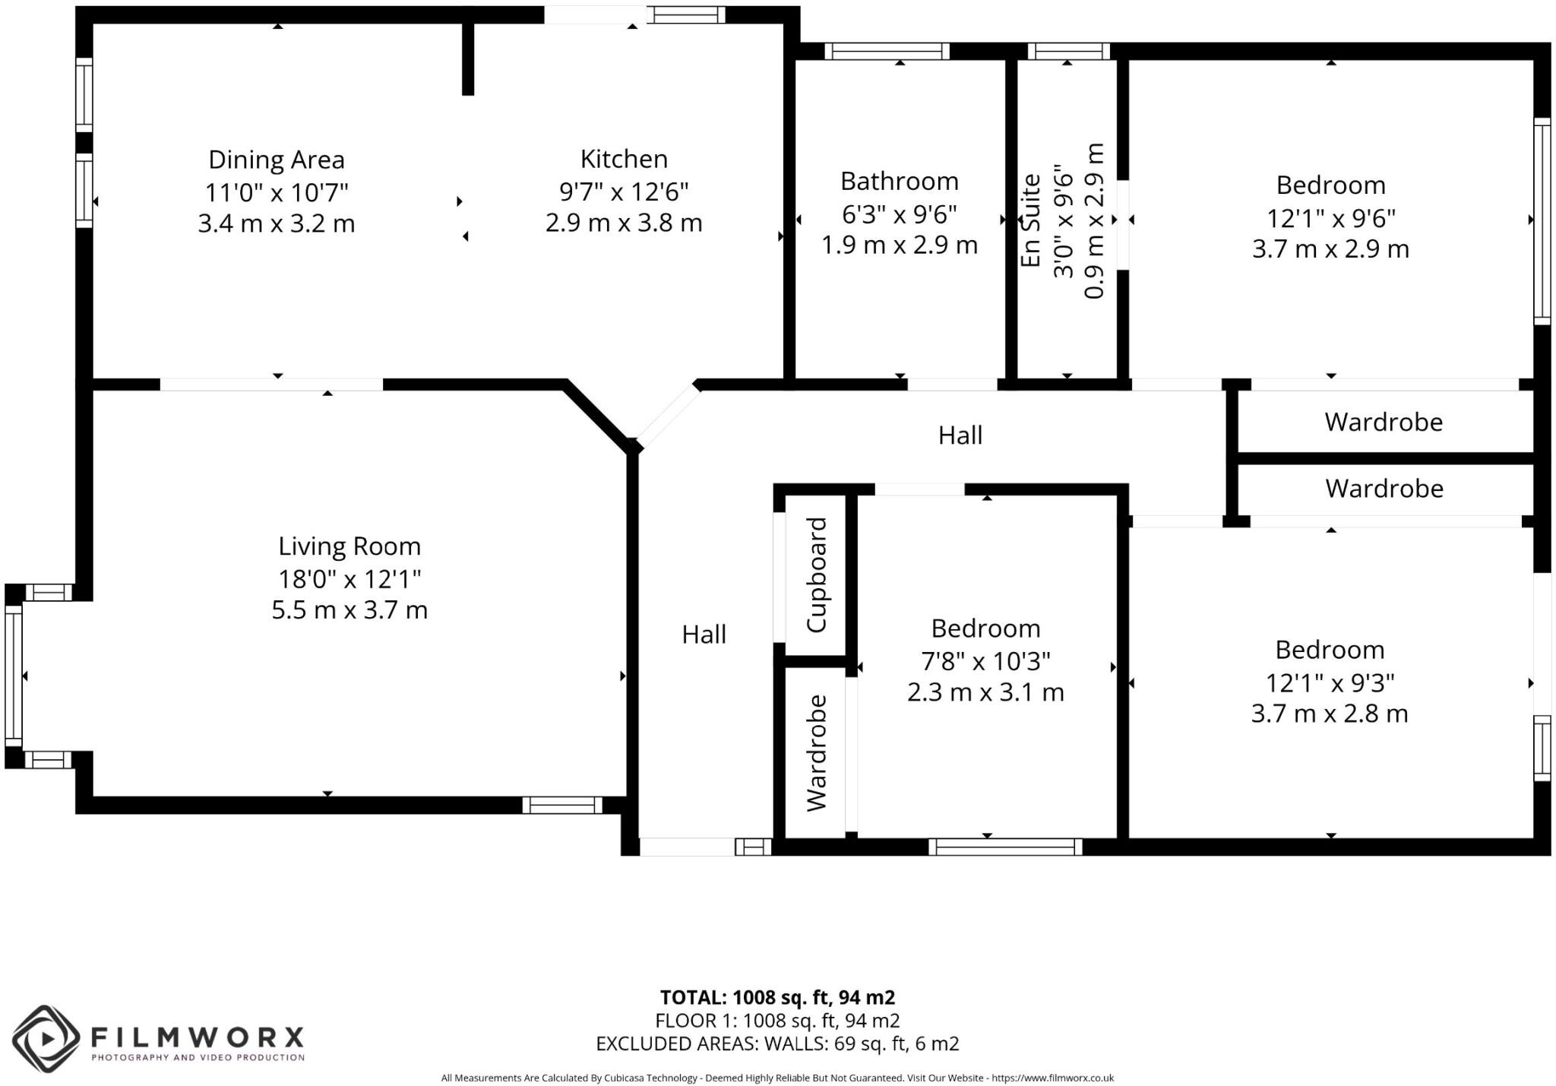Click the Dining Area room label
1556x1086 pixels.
click(277, 160)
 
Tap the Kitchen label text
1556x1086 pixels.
click(624, 159)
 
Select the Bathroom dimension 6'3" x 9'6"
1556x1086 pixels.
click(899, 214)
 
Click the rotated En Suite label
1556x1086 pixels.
click(1030, 220)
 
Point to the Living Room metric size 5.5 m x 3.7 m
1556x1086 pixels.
click(349, 610)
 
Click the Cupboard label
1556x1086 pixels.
click(816, 575)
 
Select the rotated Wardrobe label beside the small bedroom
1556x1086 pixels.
click(816, 752)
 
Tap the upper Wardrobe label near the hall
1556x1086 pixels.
click(1383, 422)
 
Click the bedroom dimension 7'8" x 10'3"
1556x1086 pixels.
click(985, 661)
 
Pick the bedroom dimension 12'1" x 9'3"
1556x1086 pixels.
click(1329, 683)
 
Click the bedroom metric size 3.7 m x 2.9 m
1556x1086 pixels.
click(1330, 249)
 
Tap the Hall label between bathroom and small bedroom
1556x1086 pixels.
click(960, 435)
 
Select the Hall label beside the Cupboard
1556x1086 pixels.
click(704, 635)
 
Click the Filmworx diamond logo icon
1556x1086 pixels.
click(46, 1038)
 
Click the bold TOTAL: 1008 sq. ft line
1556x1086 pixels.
click(777, 997)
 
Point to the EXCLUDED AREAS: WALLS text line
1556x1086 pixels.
click(777, 1043)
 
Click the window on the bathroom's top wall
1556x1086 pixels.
click(887, 52)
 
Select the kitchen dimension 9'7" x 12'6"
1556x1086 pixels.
click(624, 192)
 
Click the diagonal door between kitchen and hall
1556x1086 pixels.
click(667, 416)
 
